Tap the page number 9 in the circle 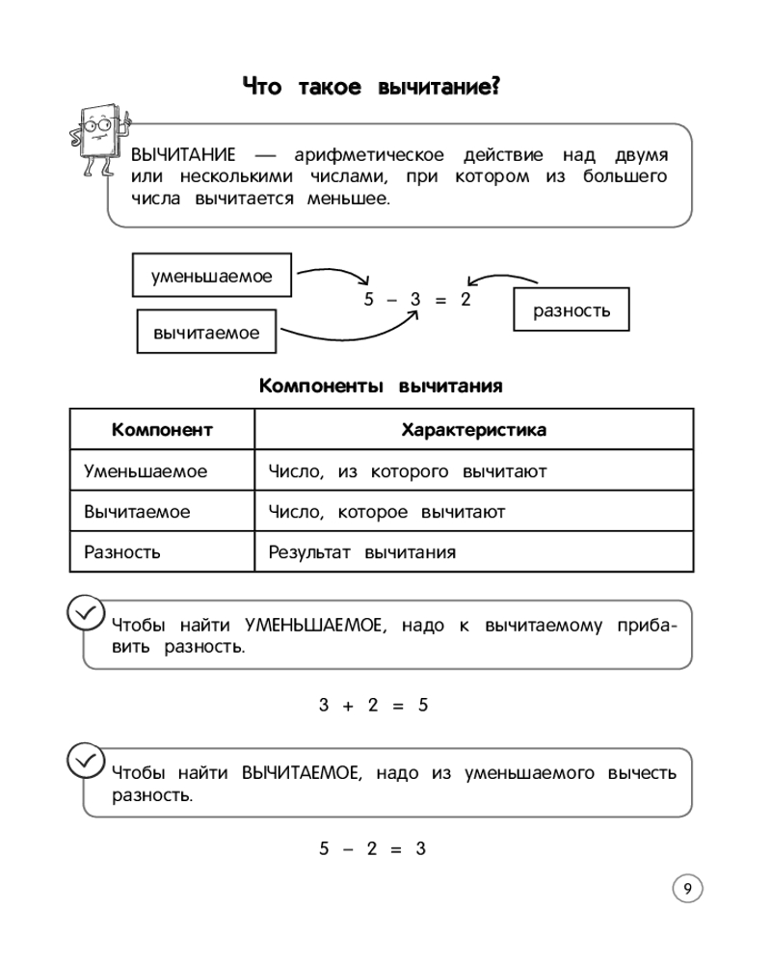tap(687, 889)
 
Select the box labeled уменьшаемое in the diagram tap(212, 277)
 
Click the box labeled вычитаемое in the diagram tap(206, 333)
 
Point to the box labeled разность tap(572, 310)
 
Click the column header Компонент tap(162, 430)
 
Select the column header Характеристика tap(473, 430)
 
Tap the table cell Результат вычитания tap(361, 552)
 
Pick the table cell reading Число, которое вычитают tap(386, 512)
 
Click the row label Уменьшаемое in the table tap(146, 471)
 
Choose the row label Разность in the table tap(122, 552)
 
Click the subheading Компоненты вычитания tap(381, 387)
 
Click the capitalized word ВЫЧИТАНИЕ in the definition tap(183, 155)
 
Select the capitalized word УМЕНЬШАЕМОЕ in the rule tap(314, 626)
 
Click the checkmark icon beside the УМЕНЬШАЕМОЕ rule tap(85, 611)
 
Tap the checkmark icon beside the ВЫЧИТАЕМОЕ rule tap(85, 760)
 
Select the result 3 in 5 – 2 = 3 tap(420, 848)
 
